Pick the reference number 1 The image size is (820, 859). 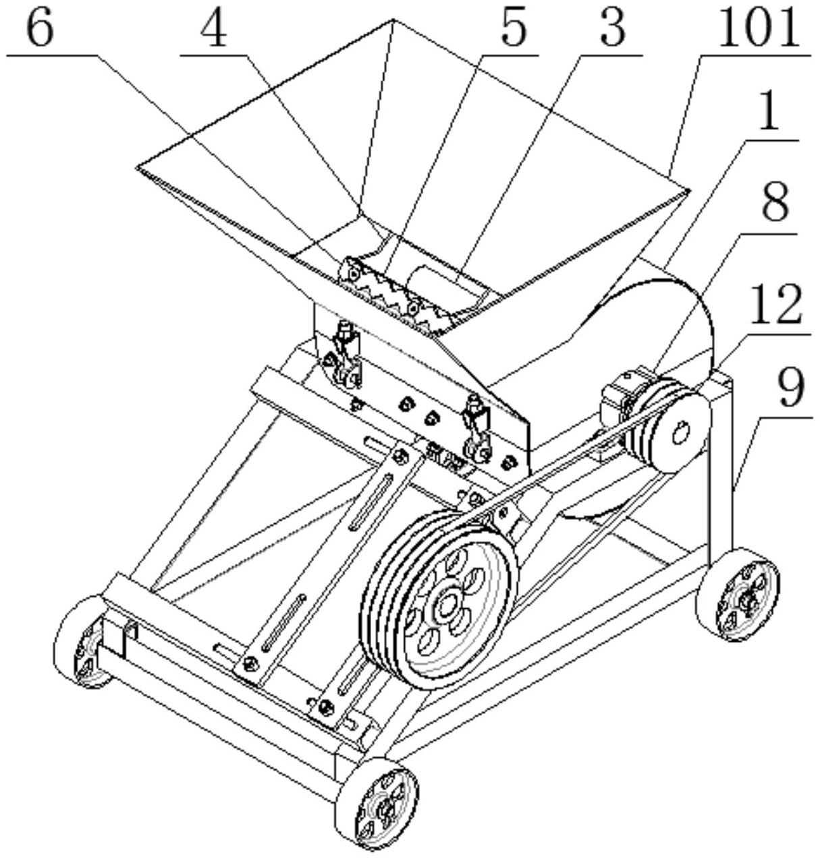click(x=769, y=113)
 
